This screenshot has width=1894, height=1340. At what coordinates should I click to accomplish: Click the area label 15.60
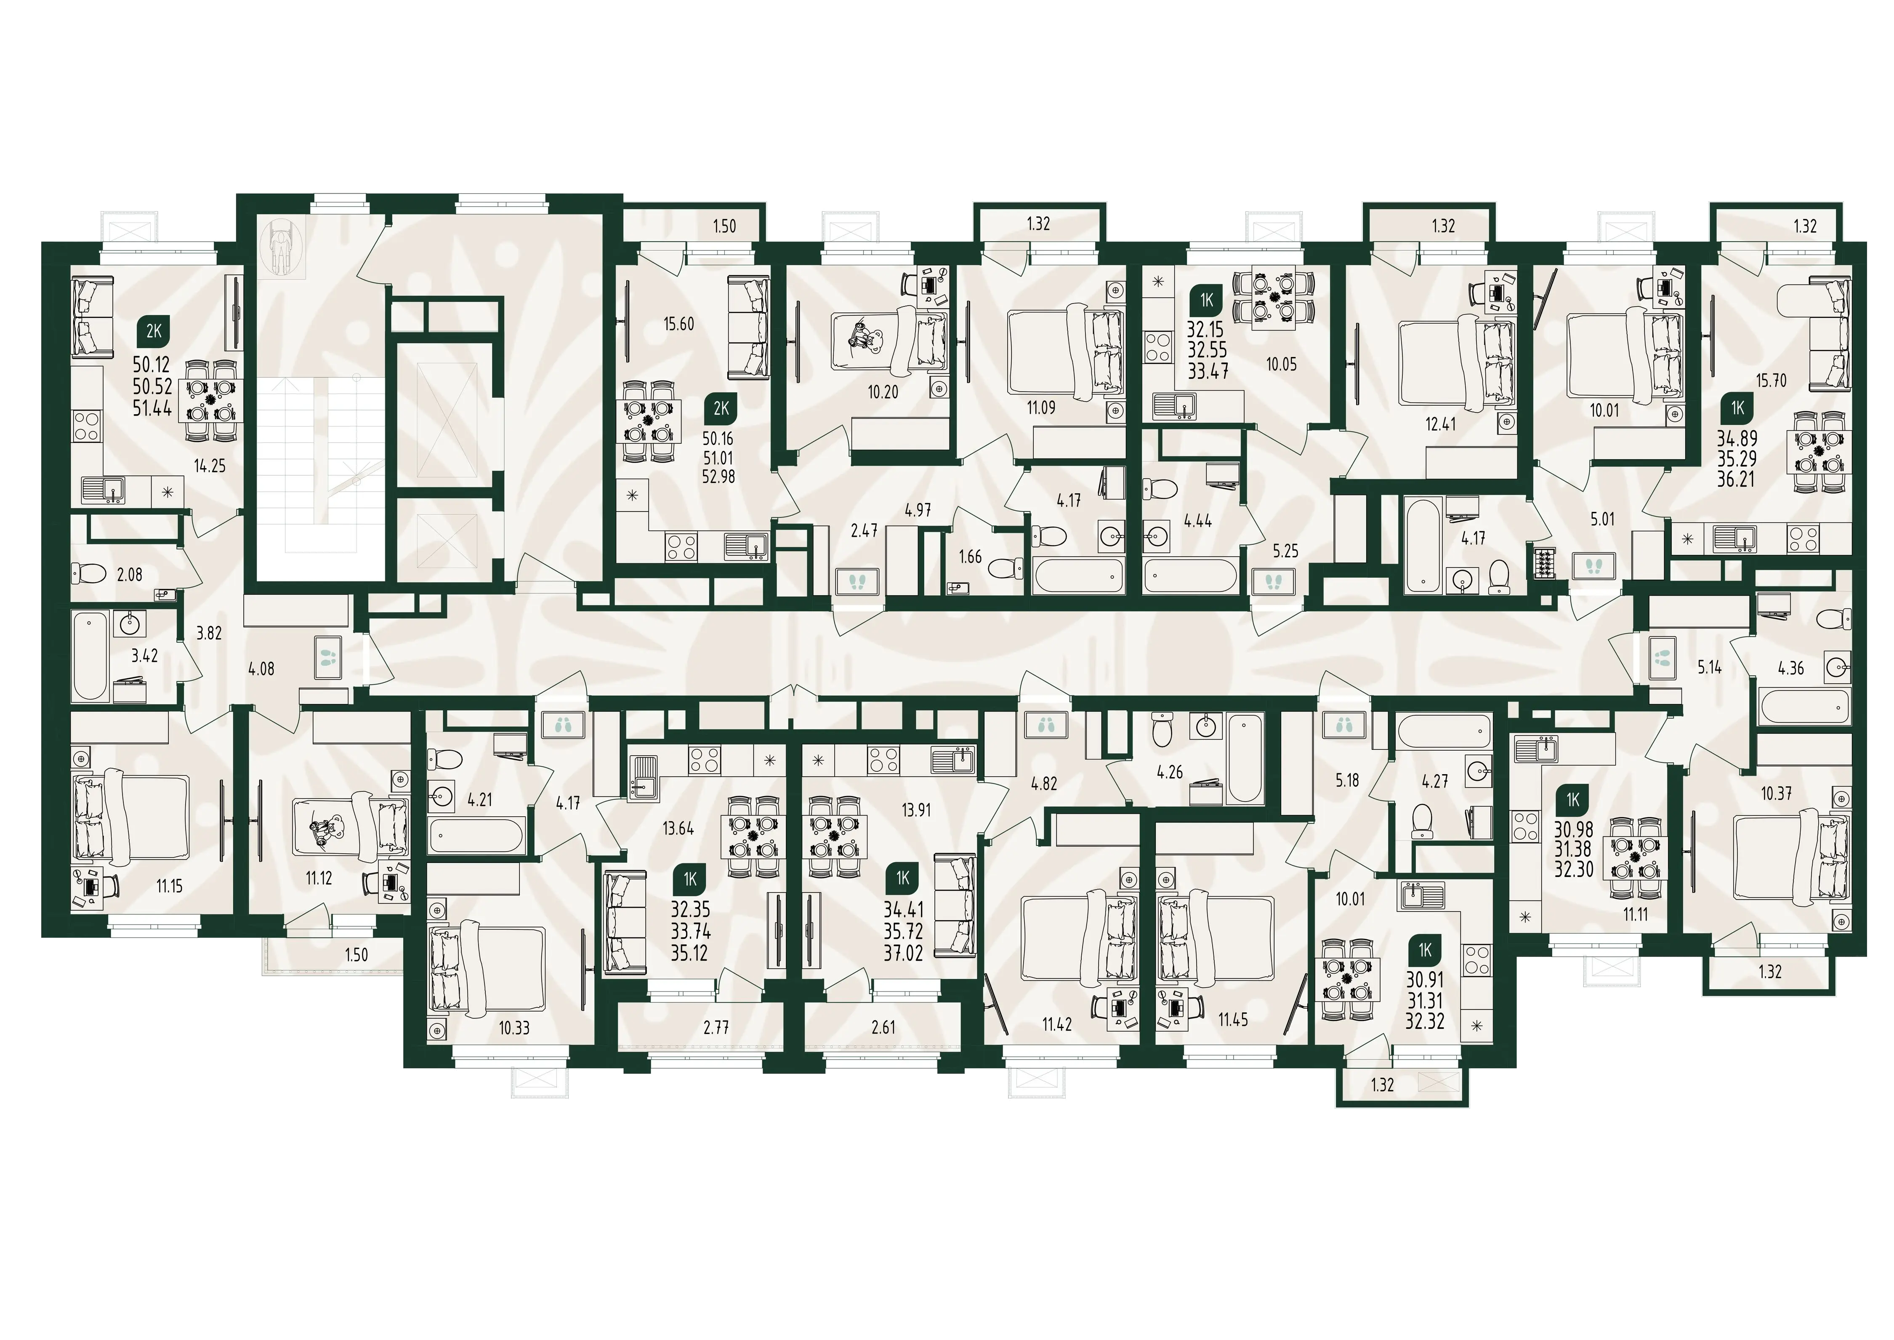[679, 324]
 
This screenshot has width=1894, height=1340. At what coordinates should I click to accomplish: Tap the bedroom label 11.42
[1057, 1025]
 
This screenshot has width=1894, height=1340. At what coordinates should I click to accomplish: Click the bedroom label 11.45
[1233, 1020]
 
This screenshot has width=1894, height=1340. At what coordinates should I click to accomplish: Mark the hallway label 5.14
[1709, 669]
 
